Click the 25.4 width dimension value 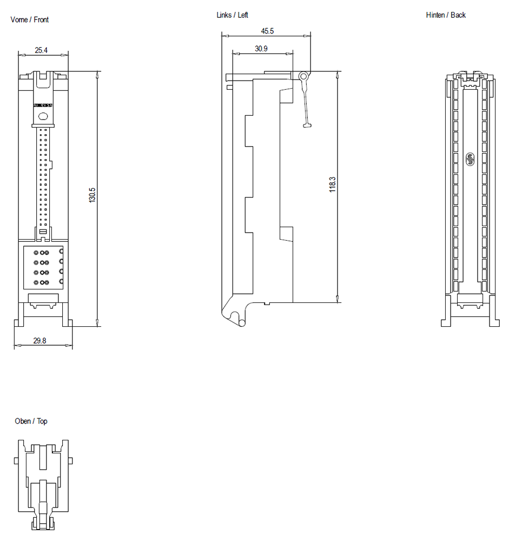pyautogui.click(x=41, y=50)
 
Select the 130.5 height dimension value pyautogui.click(x=92, y=195)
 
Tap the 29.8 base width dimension pyautogui.click(x=39, y=341)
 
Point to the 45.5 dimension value pyautogui.click(x=267, y=31)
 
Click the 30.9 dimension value pyautogui.click(x=261, y=49)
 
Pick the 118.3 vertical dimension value pyautogui.click(x=333, y=184)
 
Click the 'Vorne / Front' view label pyautogui.click(x=29, y=20)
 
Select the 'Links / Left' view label pyautogui.click(x=232, y=15)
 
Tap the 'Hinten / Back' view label pyautogui.click(x=445, y=15)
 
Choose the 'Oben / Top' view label pyautogui.click(x=31, y=421)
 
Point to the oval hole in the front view pyautogui.click(x=43, y=115)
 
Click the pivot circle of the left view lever pyautogui.click(x=304, y=76)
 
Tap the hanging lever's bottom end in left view pyautogui.click(x=308, y=126)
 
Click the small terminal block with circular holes pyautogui.click(x=43, y=267)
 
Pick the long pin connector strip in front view pyautogui.click(x=43, y=179)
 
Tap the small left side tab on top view pyautogui.click(x=16, y=460)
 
